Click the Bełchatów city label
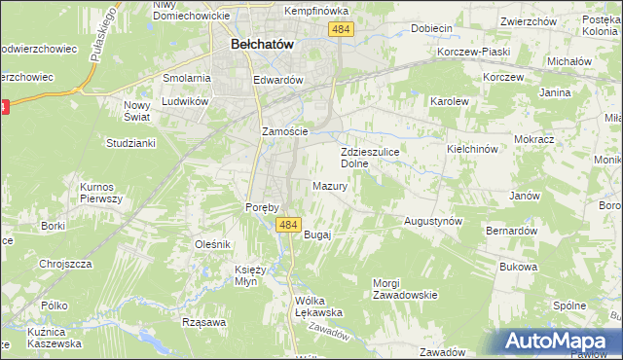[262, 44]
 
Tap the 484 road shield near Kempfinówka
[340, 31]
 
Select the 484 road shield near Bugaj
[287, 226]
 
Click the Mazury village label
[331, 186]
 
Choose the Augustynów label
[432, 222]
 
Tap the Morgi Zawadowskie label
[405, 289]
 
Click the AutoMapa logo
[559, 341]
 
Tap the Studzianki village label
[130, 143]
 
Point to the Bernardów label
[512, 231]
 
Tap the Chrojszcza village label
[65, 263]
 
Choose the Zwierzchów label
[528, 20]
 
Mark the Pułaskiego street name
[100, 36]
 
